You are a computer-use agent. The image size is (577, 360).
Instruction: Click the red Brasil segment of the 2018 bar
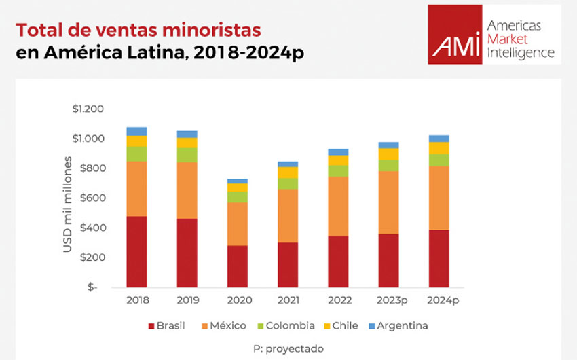point(136,251)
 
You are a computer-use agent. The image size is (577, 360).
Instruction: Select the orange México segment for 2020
point(237,223)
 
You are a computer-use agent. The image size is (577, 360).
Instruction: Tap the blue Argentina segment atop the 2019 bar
point(187,134)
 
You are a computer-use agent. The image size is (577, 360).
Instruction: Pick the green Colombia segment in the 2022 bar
point(337,171)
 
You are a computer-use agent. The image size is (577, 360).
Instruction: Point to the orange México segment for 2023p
point(388,202)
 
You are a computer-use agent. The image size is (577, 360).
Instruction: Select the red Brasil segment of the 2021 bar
point(287,264)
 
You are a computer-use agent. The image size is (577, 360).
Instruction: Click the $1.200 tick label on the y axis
point(88,109)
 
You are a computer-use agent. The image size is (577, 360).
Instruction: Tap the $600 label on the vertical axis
point(92,198)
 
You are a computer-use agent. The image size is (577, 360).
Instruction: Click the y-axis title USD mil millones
point(68,204)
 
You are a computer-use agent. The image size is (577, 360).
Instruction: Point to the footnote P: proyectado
point(288,348)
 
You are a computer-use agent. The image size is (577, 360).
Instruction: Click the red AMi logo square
point(455,35)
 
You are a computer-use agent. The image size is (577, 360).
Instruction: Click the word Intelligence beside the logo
point(521,52)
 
